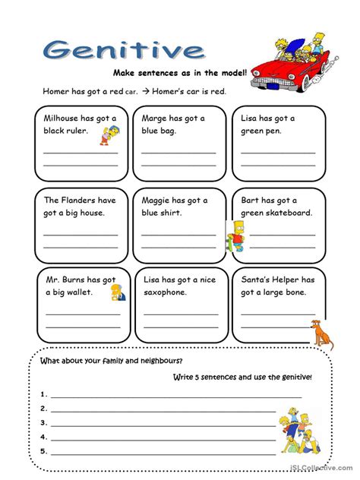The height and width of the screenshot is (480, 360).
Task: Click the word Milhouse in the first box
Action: [x=66, y=118]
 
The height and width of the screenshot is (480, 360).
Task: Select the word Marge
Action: [x=156, y=118]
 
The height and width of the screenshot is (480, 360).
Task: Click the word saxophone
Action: [x=171, y=292]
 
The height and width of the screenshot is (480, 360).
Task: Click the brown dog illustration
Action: [x=322, y=333]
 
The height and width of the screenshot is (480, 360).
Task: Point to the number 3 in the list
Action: [x=44, y=422]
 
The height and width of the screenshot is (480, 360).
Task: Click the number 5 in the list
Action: [x=44, y=451]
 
